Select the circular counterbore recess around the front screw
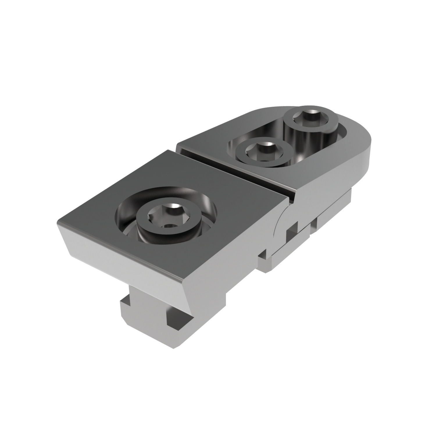[201, 201]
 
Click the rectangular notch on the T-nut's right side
[174, 319]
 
